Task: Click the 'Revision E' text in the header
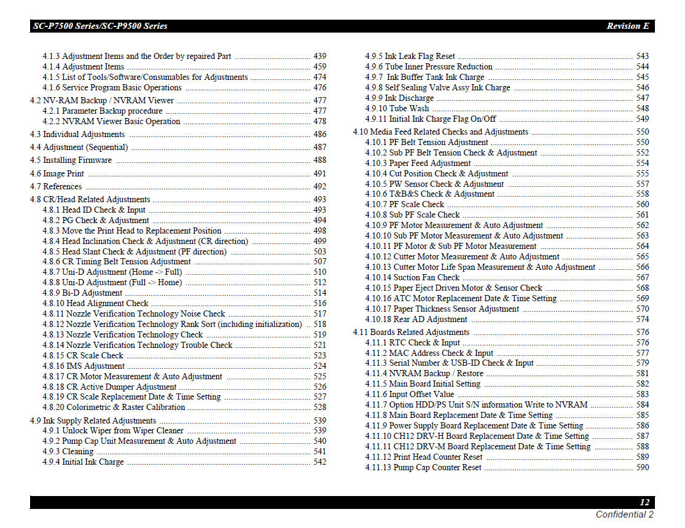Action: tap(627, 26)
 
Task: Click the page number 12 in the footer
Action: tap(644, 502)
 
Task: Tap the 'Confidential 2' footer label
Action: tap(624, 514)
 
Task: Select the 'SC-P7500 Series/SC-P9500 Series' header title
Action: tap(100, 26)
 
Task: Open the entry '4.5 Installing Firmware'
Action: tap(71, 160)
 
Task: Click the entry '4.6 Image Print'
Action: tap(57, 174)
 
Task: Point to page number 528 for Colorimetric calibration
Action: tap(319, 408)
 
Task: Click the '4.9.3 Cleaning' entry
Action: tap(68, 452)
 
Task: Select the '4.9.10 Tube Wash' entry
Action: tap(397, 109)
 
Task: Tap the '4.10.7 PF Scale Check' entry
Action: tap(404, 205)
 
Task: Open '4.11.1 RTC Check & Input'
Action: tap(412, 343)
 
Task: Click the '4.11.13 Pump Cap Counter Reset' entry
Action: tap(423, 468)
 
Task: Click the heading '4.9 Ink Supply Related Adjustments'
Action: tap(93, 421)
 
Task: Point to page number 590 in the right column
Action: tap(642, 468)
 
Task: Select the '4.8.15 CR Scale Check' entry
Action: tap(83, 356)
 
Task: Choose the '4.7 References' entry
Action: tap(56, 187)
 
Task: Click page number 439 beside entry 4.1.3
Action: tap(319, 57)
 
